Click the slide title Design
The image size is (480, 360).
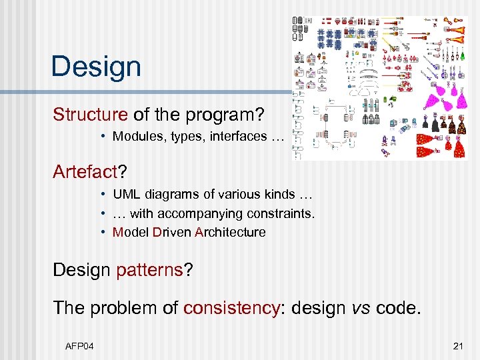pos(96,67)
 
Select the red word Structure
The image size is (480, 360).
pos(91,114)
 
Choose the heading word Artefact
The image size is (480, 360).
pos(85,172)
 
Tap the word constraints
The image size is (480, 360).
pos(279,213)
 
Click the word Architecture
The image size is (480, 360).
pos(230,232)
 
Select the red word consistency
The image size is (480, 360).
pos(231,307)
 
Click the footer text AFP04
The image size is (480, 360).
pos(81,345)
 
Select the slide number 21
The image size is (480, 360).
pos(457,345)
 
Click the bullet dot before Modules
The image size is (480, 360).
pos(104,137)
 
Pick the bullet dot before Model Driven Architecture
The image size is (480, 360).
pos(104,232)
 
